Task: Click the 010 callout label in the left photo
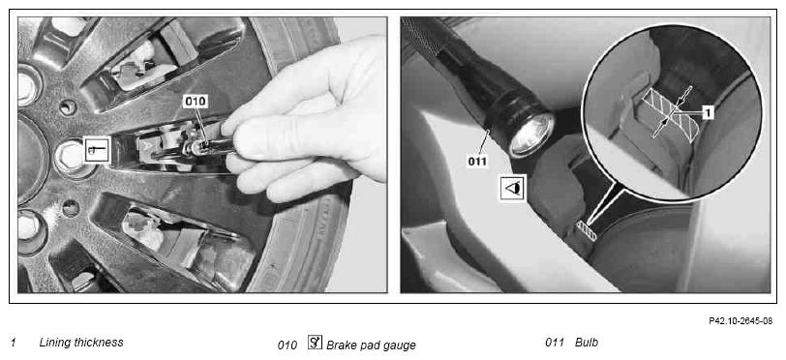pos(196,102)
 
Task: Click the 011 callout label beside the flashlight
pos(478,162)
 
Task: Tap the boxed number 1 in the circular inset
pos(708,113)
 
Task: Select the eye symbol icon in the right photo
pos(512,188)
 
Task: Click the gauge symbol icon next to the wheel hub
pos(97,149)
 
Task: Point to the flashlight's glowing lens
pos(530,135)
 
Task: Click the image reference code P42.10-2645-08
pos(741,321)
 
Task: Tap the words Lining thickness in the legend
pos(81,343)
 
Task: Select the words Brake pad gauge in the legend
pos(371,345)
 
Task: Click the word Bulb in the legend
pos(586,343)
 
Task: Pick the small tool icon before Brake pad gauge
pos(315,343)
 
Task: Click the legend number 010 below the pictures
pos(287,345)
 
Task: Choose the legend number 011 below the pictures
pos(555,344)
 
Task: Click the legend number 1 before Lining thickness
pos(14,343)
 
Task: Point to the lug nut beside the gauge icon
pos(70,156)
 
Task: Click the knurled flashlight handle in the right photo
pos(423,40)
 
